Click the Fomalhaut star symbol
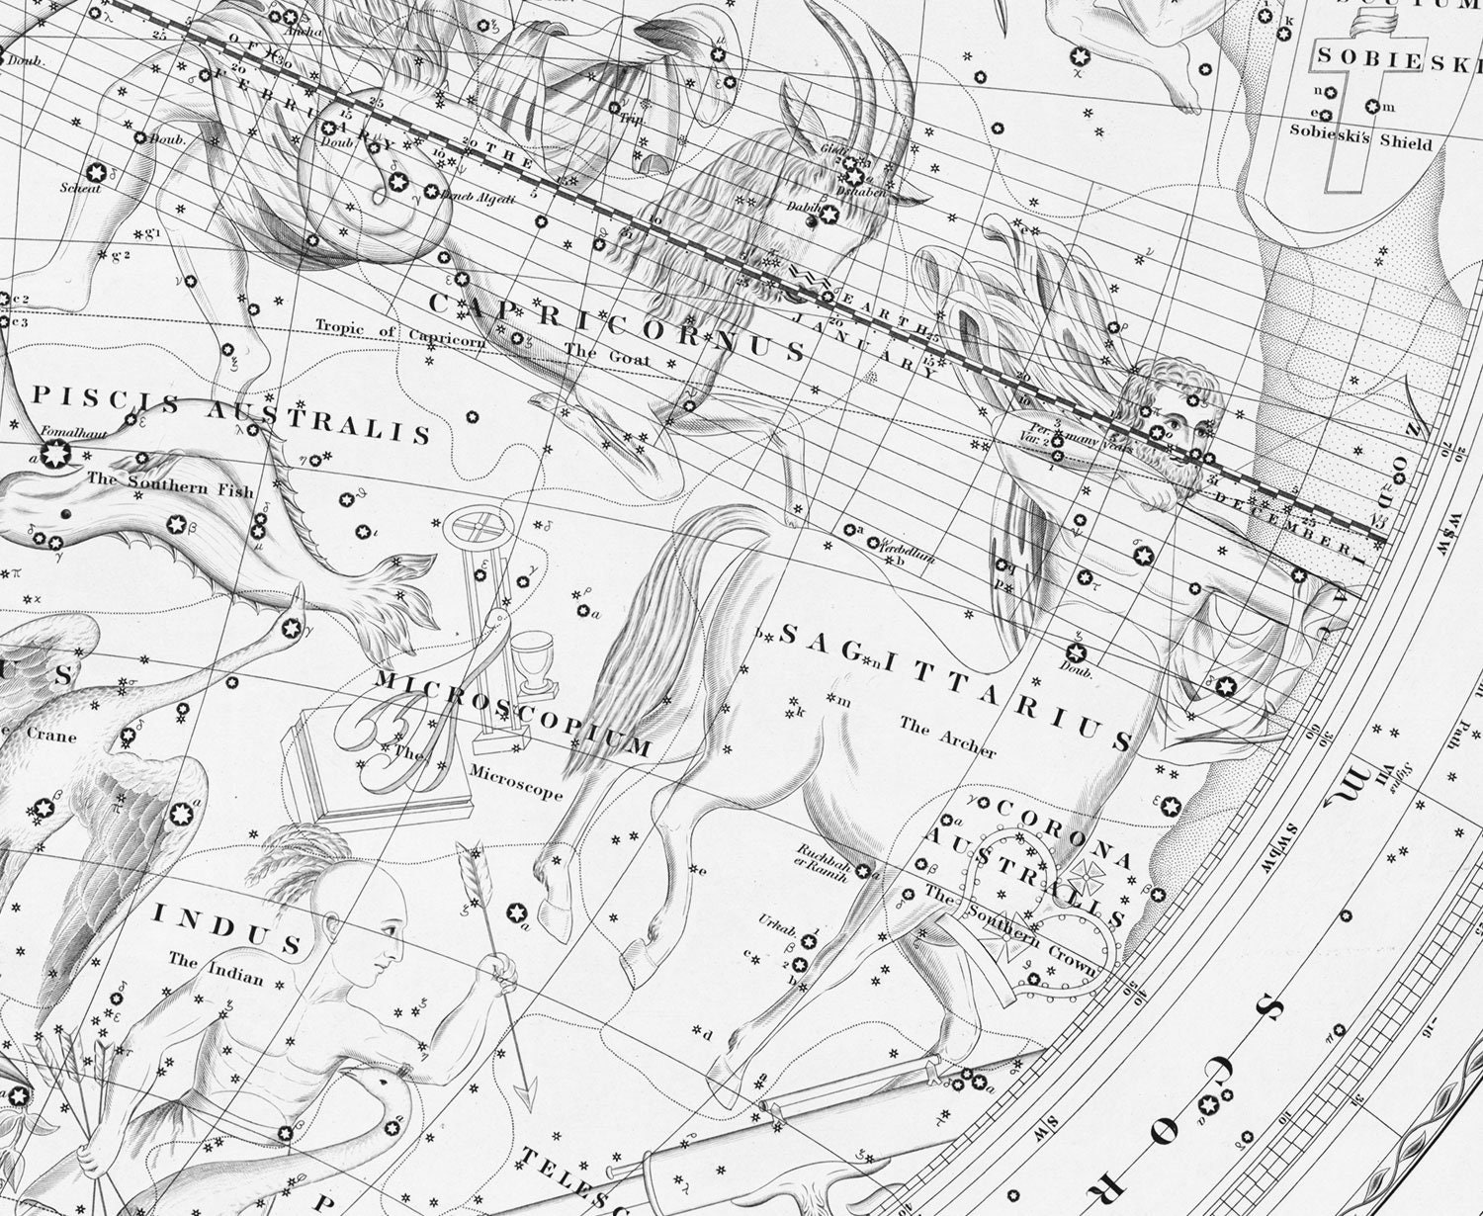pyautogui.click(x=53, y=456)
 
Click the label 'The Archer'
pyautogui.click(x=947, y=737)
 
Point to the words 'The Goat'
pyautogui.click(x=607, y=353)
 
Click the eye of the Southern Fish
pyautogui.click(x=65, y=515)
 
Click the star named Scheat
pyautogui.click(x=97, y=172)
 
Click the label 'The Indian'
pyautogui.click(x=216, y=968)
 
